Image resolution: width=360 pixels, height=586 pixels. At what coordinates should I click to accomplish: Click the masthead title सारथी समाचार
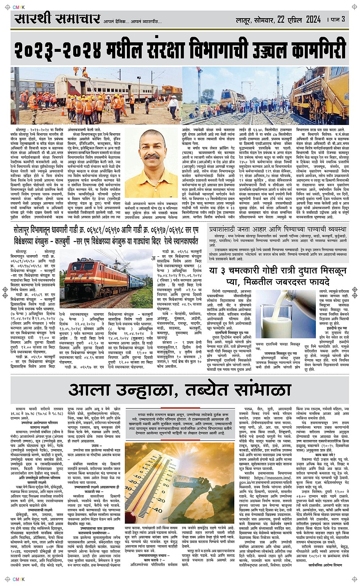tap(57, 18)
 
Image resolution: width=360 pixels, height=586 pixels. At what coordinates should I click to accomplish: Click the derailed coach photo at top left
tap(96, 96)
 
